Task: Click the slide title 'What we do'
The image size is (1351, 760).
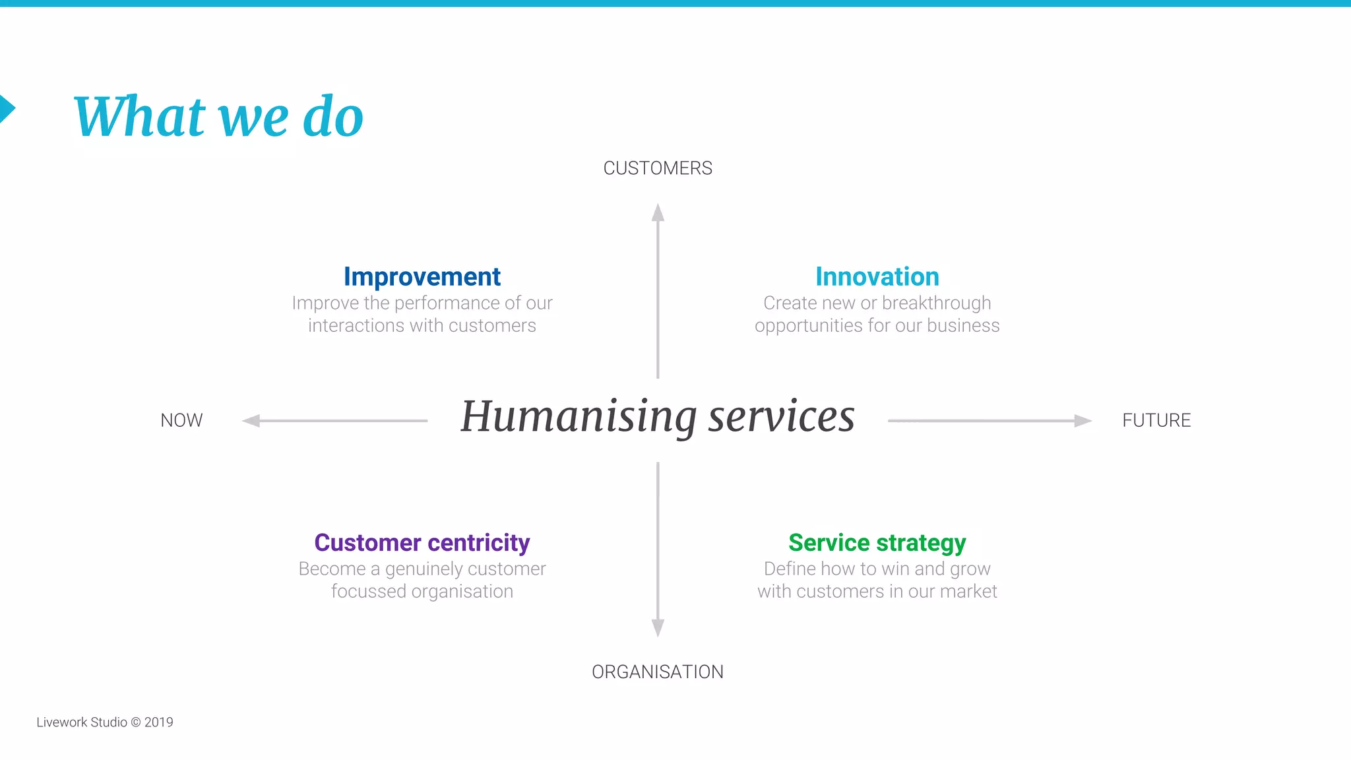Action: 218,117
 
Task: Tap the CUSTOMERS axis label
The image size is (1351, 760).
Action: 658,168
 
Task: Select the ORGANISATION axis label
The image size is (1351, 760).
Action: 658,672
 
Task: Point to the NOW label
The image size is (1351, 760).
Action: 181,420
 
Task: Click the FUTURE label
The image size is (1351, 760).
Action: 1156,420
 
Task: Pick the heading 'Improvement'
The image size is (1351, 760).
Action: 422,277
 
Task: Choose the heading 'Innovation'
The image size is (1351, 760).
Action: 877,277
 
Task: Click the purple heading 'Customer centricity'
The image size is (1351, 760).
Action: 422,543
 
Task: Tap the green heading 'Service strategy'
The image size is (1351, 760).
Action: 877,543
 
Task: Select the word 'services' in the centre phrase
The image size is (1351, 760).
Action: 782,418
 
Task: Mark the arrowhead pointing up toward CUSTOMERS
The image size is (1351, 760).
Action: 658,212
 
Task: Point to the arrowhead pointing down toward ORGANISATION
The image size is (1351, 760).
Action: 658,627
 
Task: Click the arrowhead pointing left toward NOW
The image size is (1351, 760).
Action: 251,420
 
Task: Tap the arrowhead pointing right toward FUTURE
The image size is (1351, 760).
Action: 1083,420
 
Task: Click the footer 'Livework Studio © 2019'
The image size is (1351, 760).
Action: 105,722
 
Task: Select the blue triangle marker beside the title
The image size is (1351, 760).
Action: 6,109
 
